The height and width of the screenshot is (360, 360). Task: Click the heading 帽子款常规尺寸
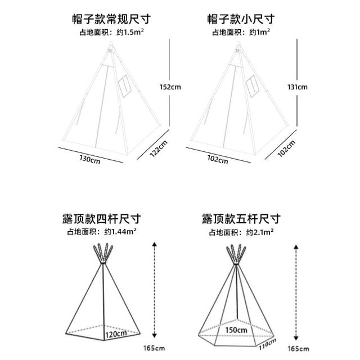[x=111, y=19]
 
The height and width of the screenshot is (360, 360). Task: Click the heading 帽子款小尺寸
[x=241, y=19]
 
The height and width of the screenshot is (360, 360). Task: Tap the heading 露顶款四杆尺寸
[x=101, y=219]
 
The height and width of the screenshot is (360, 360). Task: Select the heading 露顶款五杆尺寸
[x=241, y=219]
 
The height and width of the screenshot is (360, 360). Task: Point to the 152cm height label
[x=170, y=87]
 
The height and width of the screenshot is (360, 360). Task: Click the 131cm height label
[x=298, y=87]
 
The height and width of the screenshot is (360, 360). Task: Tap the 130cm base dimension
[x=90, y=160]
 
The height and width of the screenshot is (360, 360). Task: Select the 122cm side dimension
[x=159, y=148]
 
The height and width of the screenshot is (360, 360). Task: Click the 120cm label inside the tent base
[x=116, y=334]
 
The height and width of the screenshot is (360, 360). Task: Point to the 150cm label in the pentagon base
[x=236, y=330]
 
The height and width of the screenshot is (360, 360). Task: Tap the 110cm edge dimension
[x=268, y=344]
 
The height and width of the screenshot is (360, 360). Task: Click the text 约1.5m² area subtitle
[x=130, y=32]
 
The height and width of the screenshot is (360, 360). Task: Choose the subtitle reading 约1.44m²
[x=120, y=231]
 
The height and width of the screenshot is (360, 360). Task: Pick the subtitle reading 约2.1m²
[x=260, y=232]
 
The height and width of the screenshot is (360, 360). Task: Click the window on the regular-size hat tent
[x=125, y=86]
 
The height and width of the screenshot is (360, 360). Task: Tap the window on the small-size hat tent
[x=253, y=86]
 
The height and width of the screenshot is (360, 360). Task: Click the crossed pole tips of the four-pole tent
[x=103, y=253]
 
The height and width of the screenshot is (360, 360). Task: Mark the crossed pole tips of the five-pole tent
[x=236, y=254]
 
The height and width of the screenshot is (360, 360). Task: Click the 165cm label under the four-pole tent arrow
[x=154, y=348]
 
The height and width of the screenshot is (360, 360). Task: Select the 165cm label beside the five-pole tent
[x=298, y=349]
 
